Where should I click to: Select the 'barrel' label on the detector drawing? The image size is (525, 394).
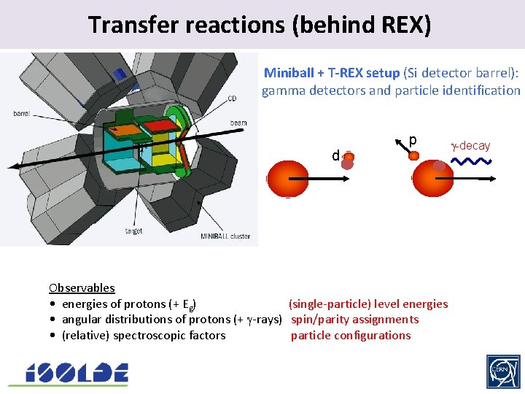pyautogui.click(x=22, y=113)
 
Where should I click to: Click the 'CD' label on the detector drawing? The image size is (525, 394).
pyautogui.click(x=232, y=98)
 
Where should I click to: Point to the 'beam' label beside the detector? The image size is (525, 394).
pyautogui.click(x=238, y=123)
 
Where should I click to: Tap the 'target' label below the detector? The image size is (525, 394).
pyautogui.click(x=134, y=231)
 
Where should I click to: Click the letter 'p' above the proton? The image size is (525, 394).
pyautogui.click(x=413, y=139)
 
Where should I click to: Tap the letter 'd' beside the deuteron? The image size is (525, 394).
pyautogui.click(x=335, y=155)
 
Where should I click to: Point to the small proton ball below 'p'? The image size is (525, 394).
pyautogui.click(x=413, y=155)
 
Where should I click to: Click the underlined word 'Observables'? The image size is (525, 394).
pyautogui.click(x=82, y=287)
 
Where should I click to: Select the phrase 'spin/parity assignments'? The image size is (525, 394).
pyautogui.click(x=354, y=319)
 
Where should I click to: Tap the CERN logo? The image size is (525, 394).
pyautogui.click(x=503, y=372)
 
